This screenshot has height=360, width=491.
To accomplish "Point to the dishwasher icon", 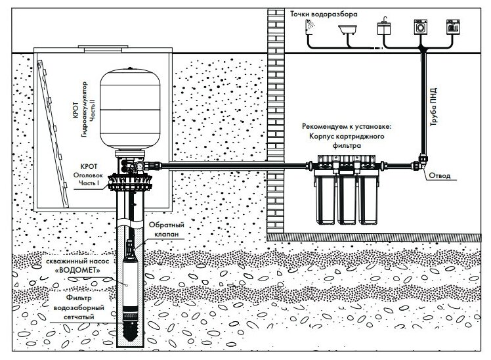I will coord(452,28).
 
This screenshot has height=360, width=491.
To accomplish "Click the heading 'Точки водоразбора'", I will coord(307,11).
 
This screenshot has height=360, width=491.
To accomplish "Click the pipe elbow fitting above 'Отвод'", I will coord(422,160).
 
